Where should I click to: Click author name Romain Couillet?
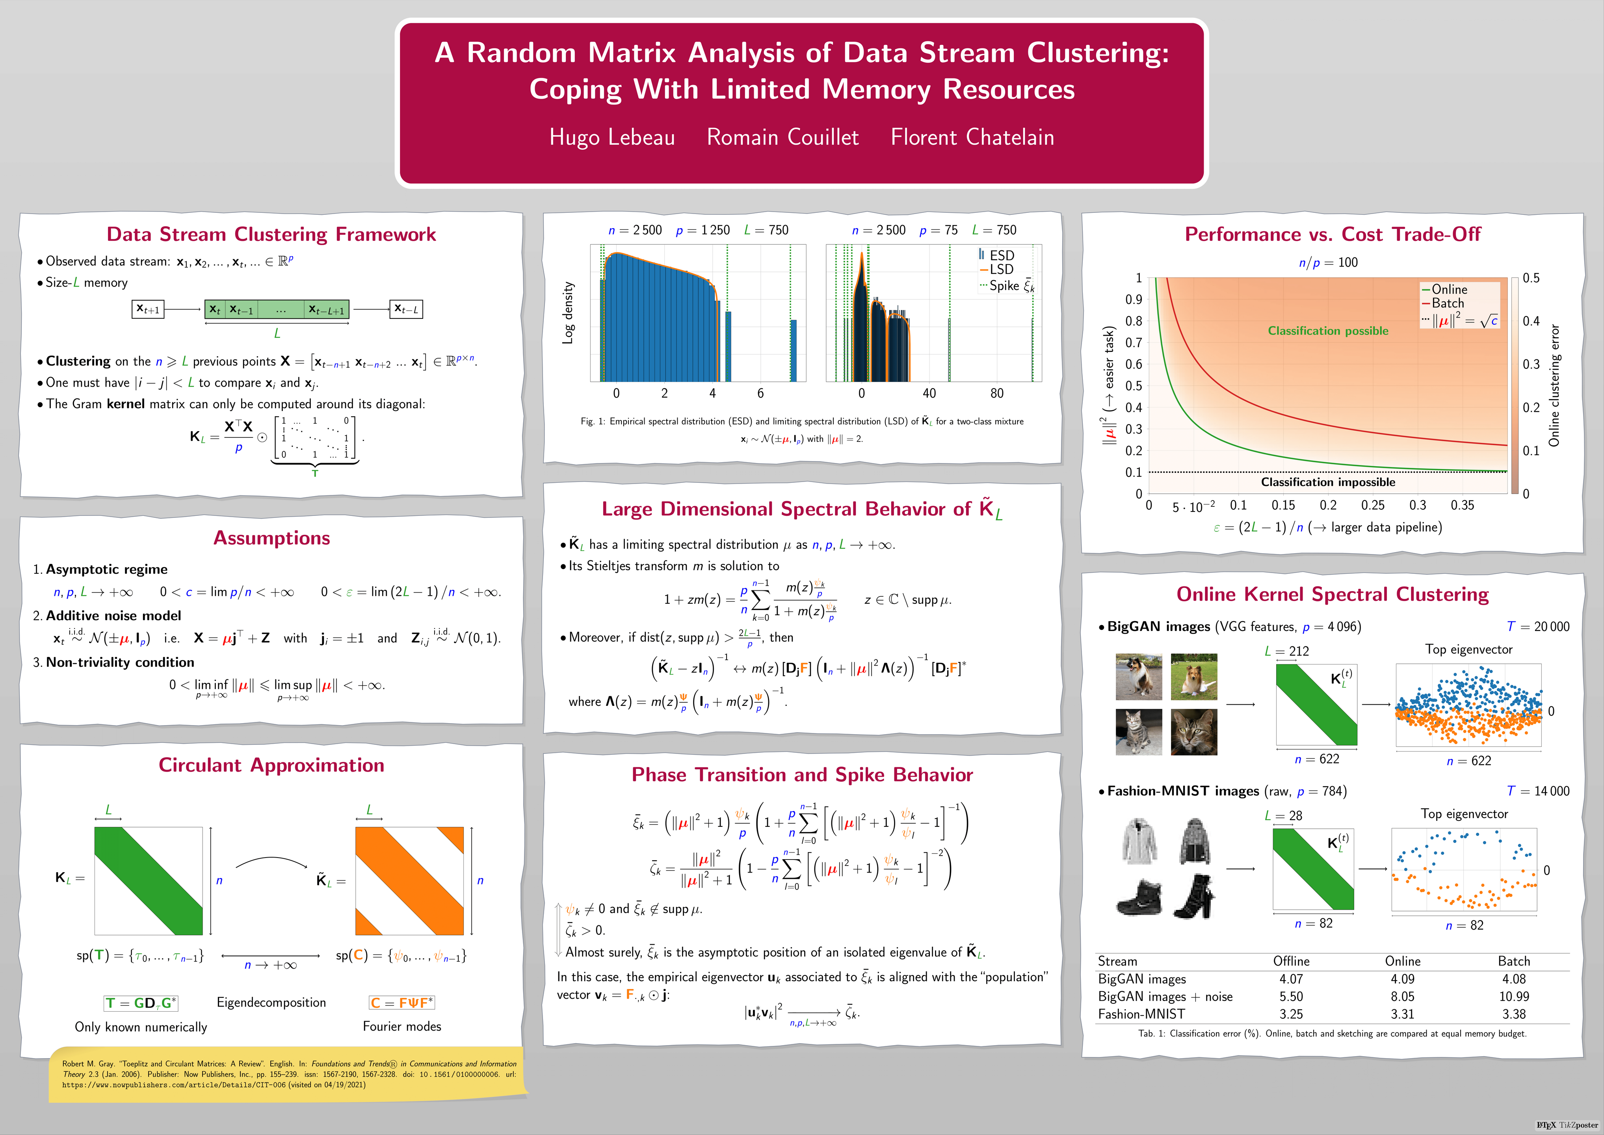coord(782,137)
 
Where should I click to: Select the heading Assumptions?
coord(272,538)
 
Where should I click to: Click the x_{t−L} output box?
coord(406,309)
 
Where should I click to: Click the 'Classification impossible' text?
coord(1327,482)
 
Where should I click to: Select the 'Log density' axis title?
coord(569,313)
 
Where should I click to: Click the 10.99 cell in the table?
coord(1514,997)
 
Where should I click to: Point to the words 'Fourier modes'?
coord(402,1027)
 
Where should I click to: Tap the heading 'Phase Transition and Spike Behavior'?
coord(802,775)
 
